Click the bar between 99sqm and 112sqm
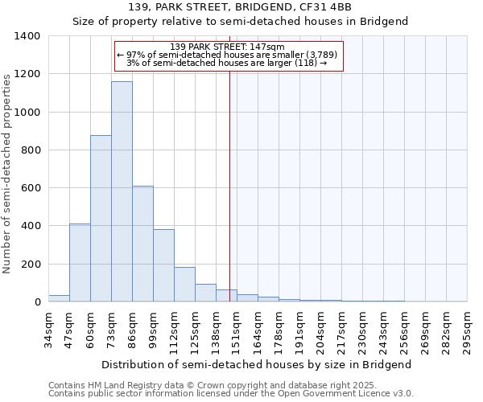pyautogui.click(x=163, y=265)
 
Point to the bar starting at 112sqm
pyautogui.click(x=184, y=285)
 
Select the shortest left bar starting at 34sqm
pyautogui.click(x=59, y=298)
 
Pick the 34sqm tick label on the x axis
pyautogui.click(x=48, y=327)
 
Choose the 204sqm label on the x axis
pyautogui.click(x=320, y=327)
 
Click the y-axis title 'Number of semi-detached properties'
pyautogui.click(x=8, y=173)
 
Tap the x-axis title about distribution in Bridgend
pyautogui.click(x=257, y=364)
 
